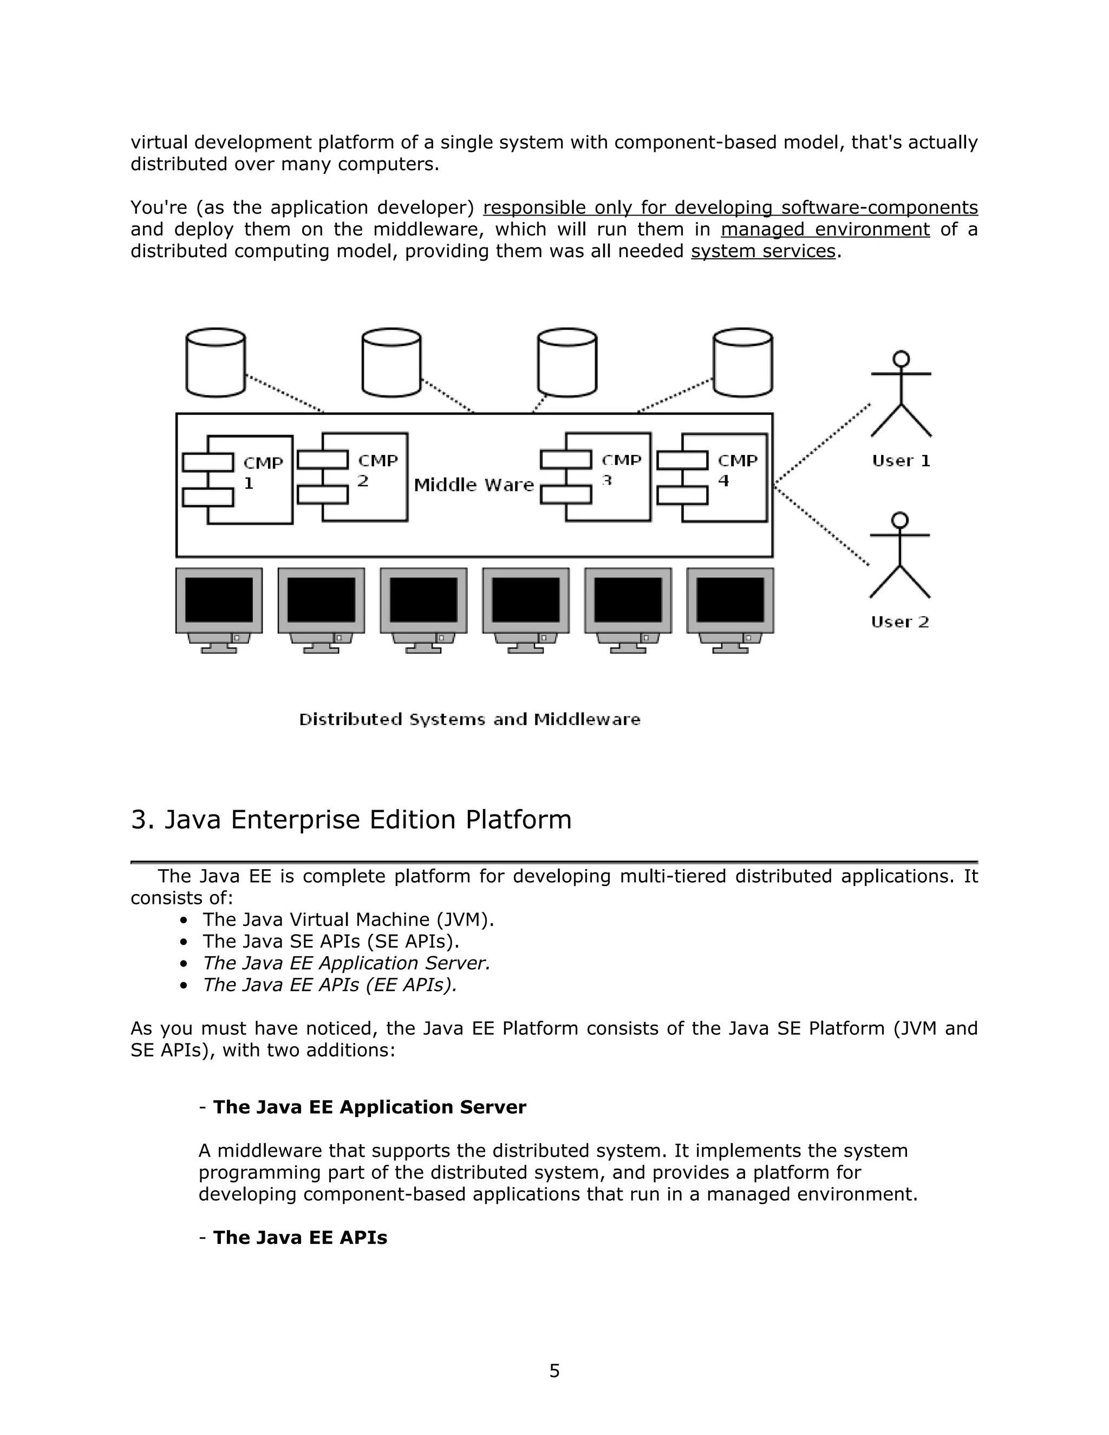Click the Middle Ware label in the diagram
(x=474, y=485)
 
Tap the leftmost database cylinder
(x=216, y=363)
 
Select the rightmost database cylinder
(x=742, y=363)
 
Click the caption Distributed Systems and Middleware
(x=469, y=720)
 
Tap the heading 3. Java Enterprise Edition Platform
(x=351, y=820)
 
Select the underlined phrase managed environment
(x=825, y=229)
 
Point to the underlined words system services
(x=763, y=251)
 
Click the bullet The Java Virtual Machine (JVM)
(x=348, y=920)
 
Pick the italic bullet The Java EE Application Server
(x=346, y=963)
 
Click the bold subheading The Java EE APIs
(x=299, y=1237)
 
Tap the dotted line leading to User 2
(x=821, y=526)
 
